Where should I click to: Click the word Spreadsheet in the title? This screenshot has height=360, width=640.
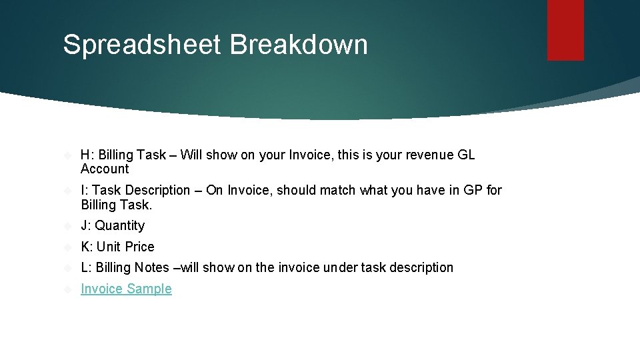pyautogui.click(x=142, y=45)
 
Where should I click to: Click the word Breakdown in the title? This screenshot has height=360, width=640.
pyautogui.click(x=299, y=45)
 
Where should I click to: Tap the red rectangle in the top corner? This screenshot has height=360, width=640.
pyautogui.click(x=565, y=29)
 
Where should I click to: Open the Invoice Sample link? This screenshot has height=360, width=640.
pyautogui.click(x=126, y=289)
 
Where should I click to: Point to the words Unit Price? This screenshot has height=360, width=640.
pyautogui.click(x=125, y=247)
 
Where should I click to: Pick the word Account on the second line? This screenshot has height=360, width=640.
pyautogui.click(x=105, y=169)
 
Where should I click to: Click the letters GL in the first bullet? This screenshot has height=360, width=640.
pyautogui.click(x=466, y=155)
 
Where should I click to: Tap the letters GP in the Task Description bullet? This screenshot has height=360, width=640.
pyautogui.click(x=473, y=190)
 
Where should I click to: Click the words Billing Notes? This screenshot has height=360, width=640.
pyautogui.click(x=133, y=267)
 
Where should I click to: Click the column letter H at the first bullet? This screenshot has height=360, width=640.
pyautogui.click(x=85, y=155)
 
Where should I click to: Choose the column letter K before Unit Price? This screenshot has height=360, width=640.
pyautogui.click(x=85, y=247)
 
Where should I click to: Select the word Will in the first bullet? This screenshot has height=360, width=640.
pyautogui.click(x=191, y=155)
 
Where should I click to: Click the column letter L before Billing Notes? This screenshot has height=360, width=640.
pyautogui.click(x=85, y=267)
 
